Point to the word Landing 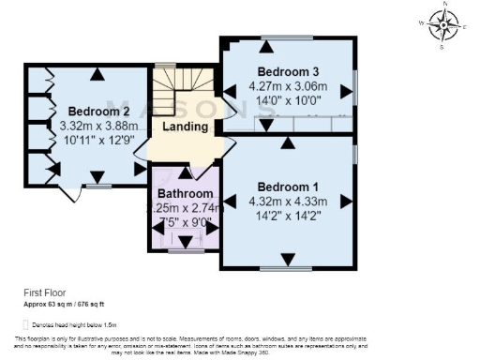click(x=184, y=127)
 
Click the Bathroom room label click(x=185, y=195)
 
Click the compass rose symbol click(x=443, y=25)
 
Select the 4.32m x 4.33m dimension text click(x=288, y=201)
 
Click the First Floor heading click(x=42, y=292)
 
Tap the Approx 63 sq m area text click(x=63, y=305)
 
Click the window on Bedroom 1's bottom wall click(x=286, y=269)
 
